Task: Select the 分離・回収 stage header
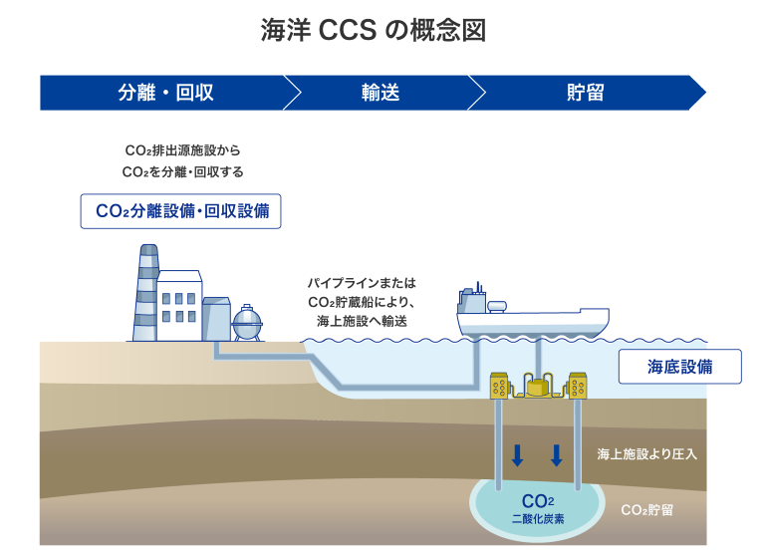(x=165, y=94)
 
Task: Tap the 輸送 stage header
(x=380, y=94)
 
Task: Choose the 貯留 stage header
(x=586, y=94)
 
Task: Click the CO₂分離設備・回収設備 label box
(x=181, y=211)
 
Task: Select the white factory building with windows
(x=179, y=304)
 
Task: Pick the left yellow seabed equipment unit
(x=500, y=386)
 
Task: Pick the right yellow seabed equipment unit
(x=577, y=386)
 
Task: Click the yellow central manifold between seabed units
(x=539, y=386)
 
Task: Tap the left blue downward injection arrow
(x=517, y=455)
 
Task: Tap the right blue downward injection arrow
(x=556, y=455)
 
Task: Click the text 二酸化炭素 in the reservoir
(x=538, y=519)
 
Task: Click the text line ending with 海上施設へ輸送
(x=362, y=321)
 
